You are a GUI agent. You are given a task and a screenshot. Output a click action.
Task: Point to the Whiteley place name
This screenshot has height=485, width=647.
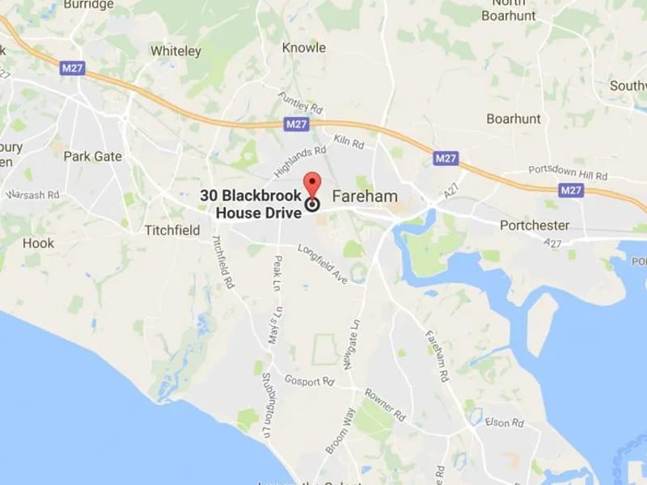click(x=175, y=51)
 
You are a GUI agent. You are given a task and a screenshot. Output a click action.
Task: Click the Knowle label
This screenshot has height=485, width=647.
click(x=304, y=48)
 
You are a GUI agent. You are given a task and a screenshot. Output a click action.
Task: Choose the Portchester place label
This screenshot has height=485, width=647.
click(x=535, y=225)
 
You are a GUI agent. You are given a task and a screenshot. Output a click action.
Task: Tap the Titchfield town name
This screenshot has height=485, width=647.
click(x=171, y=230)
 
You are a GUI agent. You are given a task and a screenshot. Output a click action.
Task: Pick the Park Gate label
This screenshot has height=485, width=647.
click(x=92, y=156)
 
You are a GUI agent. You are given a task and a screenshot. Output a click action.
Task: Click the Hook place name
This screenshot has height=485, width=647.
click(x=39, y=242)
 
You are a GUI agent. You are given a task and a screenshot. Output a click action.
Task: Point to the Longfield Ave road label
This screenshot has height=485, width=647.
click(x=322, y=264)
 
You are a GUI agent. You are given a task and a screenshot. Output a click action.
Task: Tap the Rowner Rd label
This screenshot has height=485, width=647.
click(x=385, y=404)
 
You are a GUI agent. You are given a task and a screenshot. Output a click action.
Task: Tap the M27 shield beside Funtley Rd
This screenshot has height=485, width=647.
click(x=297, y=124)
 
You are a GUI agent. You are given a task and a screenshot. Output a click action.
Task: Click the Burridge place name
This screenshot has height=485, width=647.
click(x=89, y=5)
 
